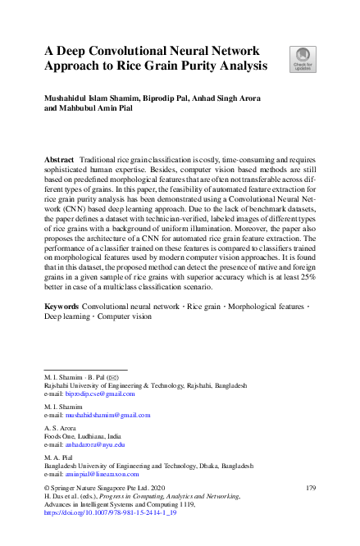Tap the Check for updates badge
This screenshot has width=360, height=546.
click(x=302, y=59)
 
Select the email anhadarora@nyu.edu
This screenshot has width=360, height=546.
click(x=94, y=444)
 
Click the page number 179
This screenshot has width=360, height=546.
click(x=311, y=489)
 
